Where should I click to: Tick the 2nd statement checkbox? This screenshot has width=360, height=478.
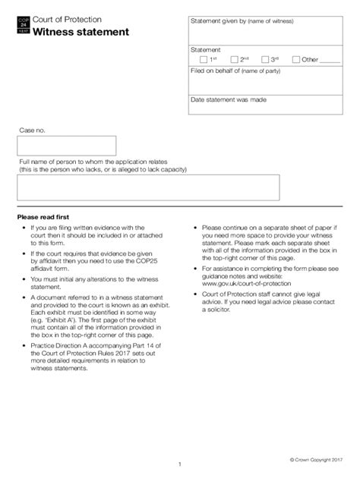click(234, 58)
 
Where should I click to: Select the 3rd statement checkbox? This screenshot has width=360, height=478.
click(264, 58)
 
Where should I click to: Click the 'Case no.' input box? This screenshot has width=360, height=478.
click(67, 146)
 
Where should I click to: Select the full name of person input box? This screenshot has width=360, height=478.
click(149, 187)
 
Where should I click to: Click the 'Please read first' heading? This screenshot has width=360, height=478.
click(48, 216)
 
